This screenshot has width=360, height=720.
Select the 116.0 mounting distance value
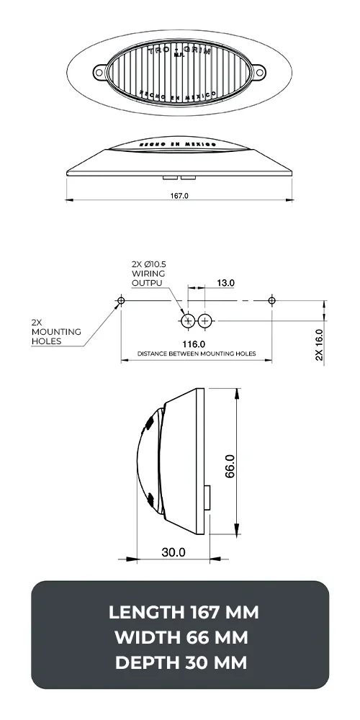(194, 344)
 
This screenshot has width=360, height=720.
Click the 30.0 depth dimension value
(173, 552)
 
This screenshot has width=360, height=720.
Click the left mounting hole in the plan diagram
(121, 300)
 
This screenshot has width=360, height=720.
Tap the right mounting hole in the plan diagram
(271, 300)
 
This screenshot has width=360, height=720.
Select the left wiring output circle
(189, 320)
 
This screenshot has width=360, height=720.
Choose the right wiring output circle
(205, 320)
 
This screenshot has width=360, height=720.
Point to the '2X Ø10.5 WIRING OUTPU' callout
(150, 274)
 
